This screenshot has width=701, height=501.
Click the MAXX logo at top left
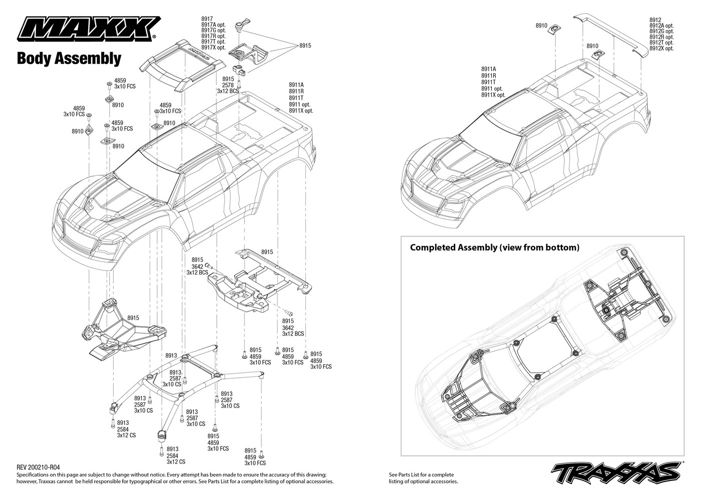(x=89, y=29)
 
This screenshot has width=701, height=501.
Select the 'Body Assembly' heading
(x=69, y=59)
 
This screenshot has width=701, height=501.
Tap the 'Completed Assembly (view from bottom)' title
(x=495, y=247)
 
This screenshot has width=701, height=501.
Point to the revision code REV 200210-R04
(x=38, y=467)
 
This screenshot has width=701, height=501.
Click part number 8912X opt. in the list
(x=661, y=49)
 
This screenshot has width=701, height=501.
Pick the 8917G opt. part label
(x=213, y=31)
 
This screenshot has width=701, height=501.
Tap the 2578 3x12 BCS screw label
(x=228, y=88)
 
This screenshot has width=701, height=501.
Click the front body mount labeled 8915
(x=124, y=330)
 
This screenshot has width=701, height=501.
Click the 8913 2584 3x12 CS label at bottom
(x=176, y=455)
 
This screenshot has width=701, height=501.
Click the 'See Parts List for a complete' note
(x=421, y=475)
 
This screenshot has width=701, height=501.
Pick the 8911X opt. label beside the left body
(x=301, y=111)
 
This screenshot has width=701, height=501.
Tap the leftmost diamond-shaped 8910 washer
(x=89, y=129)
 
